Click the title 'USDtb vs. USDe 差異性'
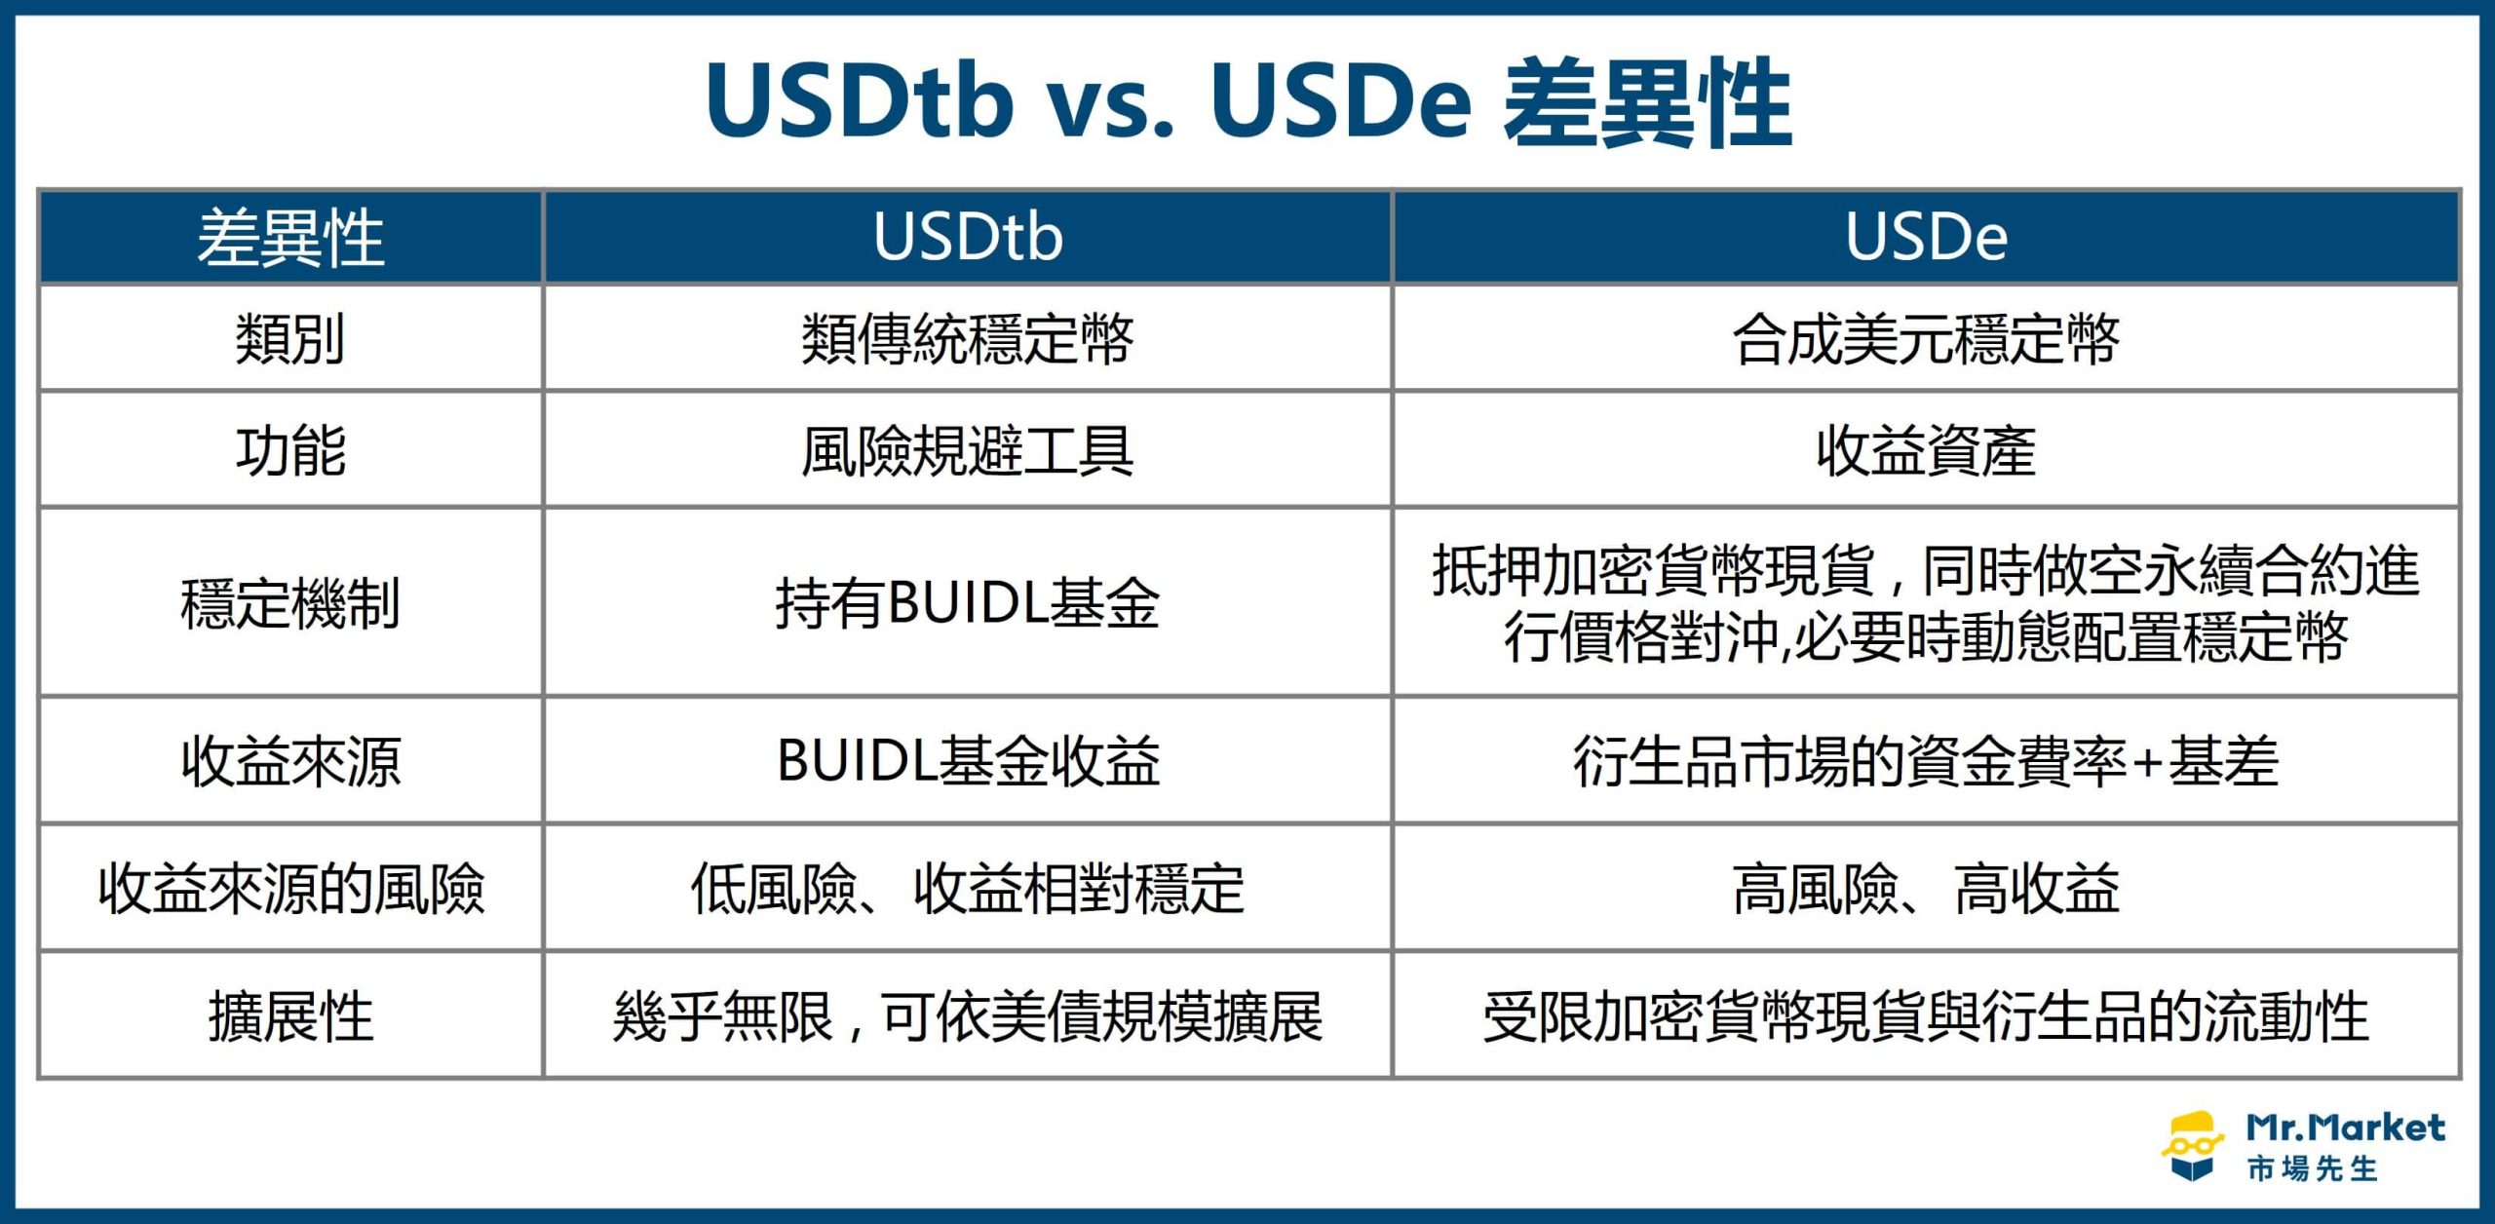1248,102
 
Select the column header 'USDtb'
968,237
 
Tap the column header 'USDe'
1927,237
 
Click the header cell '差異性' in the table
290,238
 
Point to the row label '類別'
290,339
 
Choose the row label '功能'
290,450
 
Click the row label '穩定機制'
290,602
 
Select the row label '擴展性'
290,1016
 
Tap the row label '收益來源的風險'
290,889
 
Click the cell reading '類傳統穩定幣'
968,339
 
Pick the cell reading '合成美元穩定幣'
1927,339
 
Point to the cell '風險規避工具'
968,450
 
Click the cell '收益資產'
1927,450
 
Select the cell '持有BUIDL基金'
968,602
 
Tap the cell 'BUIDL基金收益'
968,760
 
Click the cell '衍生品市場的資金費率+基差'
1927,760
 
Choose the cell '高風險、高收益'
1927,889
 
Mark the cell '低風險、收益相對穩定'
968,889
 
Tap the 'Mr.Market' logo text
2345,1128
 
